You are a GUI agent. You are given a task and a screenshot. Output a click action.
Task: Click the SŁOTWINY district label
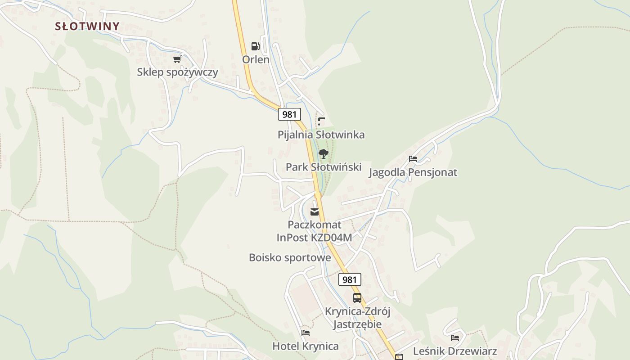(87, 26)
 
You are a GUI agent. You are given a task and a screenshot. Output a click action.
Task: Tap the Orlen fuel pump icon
(255, 46)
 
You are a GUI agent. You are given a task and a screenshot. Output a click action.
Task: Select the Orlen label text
(256, 59)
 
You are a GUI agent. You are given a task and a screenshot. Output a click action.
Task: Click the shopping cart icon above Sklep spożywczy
(177, 59)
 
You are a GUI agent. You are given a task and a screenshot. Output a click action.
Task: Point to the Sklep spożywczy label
(177, 72)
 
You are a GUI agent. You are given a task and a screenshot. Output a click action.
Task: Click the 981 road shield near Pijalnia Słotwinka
(289, 114)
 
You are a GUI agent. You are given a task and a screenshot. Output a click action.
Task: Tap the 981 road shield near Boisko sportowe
(349, 279)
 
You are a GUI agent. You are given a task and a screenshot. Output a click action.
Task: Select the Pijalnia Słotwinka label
(321, 135)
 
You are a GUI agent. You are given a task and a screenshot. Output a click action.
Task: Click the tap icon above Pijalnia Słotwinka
(321, 121)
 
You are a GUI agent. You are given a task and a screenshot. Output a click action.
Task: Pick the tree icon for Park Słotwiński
(323, 154)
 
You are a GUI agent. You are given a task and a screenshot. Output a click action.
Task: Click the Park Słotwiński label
(324, 167)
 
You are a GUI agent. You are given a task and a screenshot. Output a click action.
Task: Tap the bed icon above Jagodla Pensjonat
(413, 159)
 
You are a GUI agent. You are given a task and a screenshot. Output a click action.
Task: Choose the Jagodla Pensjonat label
(413, 172)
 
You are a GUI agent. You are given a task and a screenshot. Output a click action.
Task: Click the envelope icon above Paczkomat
(315, 211)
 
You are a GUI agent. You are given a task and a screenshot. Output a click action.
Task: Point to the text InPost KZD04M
(314, 237)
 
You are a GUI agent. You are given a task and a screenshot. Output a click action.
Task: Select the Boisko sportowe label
(290, 257)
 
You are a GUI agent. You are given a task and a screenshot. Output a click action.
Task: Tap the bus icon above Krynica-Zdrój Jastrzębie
(357, 297)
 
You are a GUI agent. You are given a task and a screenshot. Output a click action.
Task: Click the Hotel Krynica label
(306, 346)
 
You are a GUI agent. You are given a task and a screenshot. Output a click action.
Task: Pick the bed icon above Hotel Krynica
(306, 333)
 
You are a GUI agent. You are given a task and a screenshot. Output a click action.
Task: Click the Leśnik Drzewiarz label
(455, 351)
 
